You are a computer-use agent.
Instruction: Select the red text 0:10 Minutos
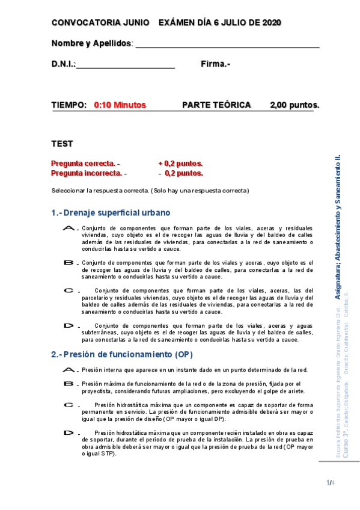(x=120, y=105)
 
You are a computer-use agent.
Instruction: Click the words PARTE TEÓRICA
(x=216, y=105)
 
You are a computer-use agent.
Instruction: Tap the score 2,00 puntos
(x=294, y=105)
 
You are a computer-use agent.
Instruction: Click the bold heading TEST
(x=62, y=144)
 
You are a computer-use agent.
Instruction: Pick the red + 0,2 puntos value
(x=180, y=164)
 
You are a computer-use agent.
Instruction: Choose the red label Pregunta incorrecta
(x=88, y=173)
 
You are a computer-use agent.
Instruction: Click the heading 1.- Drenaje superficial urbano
(x=111, y=213)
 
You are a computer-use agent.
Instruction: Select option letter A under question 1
(x=70, y=229)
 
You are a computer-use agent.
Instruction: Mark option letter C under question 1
(x=70, y=290)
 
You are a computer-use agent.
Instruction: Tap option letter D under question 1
(x=70, y=325)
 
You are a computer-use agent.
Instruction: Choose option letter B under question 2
(x=70, y=383)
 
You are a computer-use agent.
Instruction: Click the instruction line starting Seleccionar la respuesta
(x=150, y=191)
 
